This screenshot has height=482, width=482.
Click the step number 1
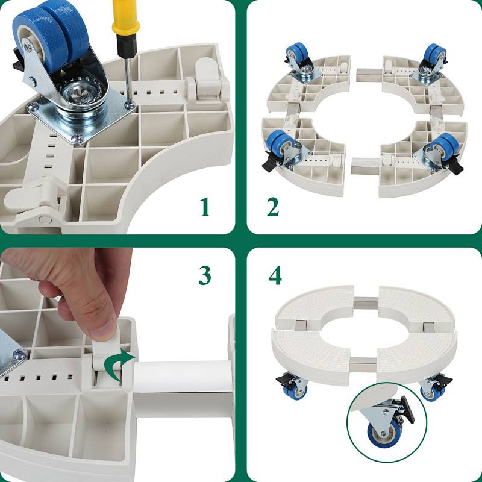pos(205,206)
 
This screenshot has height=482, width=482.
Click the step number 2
pos(273,206)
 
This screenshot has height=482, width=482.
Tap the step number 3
pos(205,275)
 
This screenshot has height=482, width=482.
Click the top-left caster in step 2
pos(296,60)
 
